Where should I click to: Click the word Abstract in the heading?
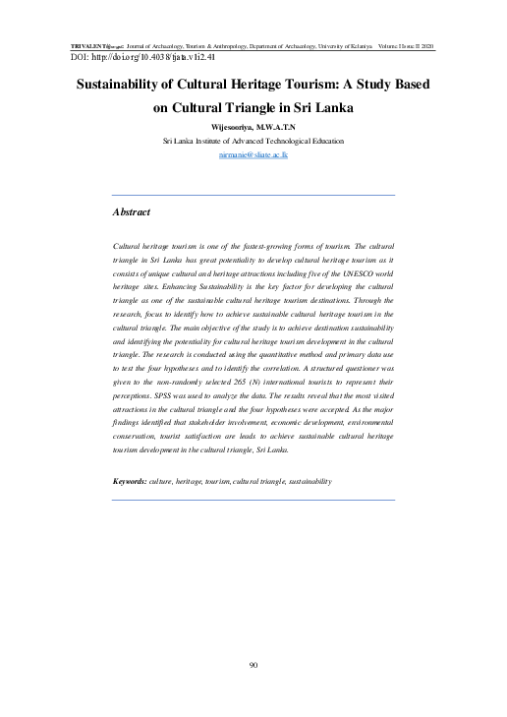coord(132,211)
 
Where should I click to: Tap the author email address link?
coord(253,155)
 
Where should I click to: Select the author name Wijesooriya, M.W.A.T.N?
coord(253,128)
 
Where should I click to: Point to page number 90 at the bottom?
coord(253,666)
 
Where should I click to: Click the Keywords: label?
coord(130,481)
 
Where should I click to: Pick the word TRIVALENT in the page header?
coord(91,46)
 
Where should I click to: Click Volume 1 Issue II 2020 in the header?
coord(402,46)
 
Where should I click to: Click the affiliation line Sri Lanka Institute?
coord(253,142)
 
